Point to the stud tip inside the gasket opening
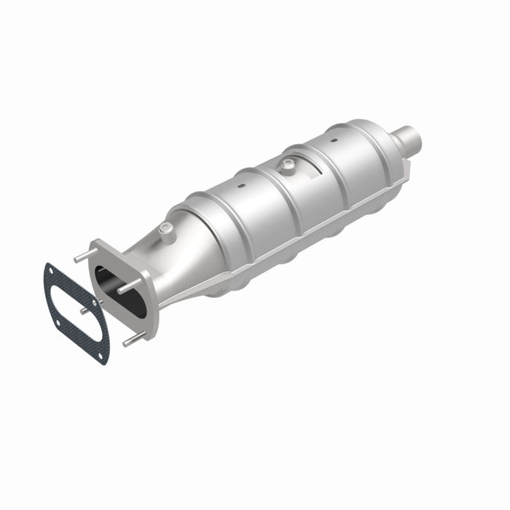tap(85, 310)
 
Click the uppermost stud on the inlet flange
tap(80, 257)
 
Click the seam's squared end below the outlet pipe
tap(407, 170)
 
